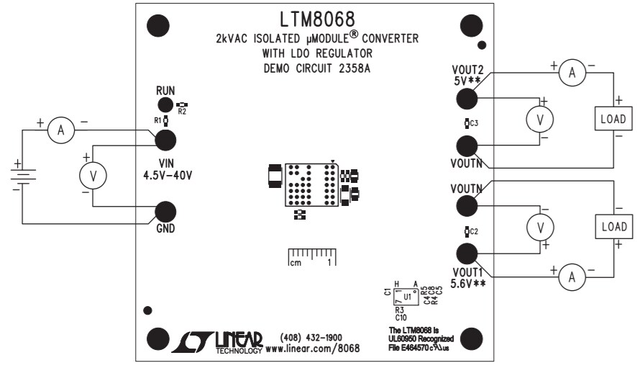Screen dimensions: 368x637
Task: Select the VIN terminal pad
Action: click(x=166, y=140)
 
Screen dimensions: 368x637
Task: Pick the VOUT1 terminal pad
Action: click(x=467, y=254)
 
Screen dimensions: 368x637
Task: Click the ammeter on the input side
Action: click(x=62, y=130)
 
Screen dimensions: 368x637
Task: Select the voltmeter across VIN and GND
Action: click(x=93, y=174)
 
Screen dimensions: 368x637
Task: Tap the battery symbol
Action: click(x=22, y=174)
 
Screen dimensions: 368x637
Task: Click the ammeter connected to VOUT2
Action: click(x=572, y=72)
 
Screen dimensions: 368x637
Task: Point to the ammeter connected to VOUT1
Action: click(x=572, y=274)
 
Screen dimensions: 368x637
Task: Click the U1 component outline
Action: click(x=407, y=295)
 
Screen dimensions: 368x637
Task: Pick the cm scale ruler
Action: click(x=312, y=256)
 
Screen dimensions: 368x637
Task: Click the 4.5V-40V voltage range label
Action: click(x=167, y=174)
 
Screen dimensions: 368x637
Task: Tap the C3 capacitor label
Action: click(x=475, y=124)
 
